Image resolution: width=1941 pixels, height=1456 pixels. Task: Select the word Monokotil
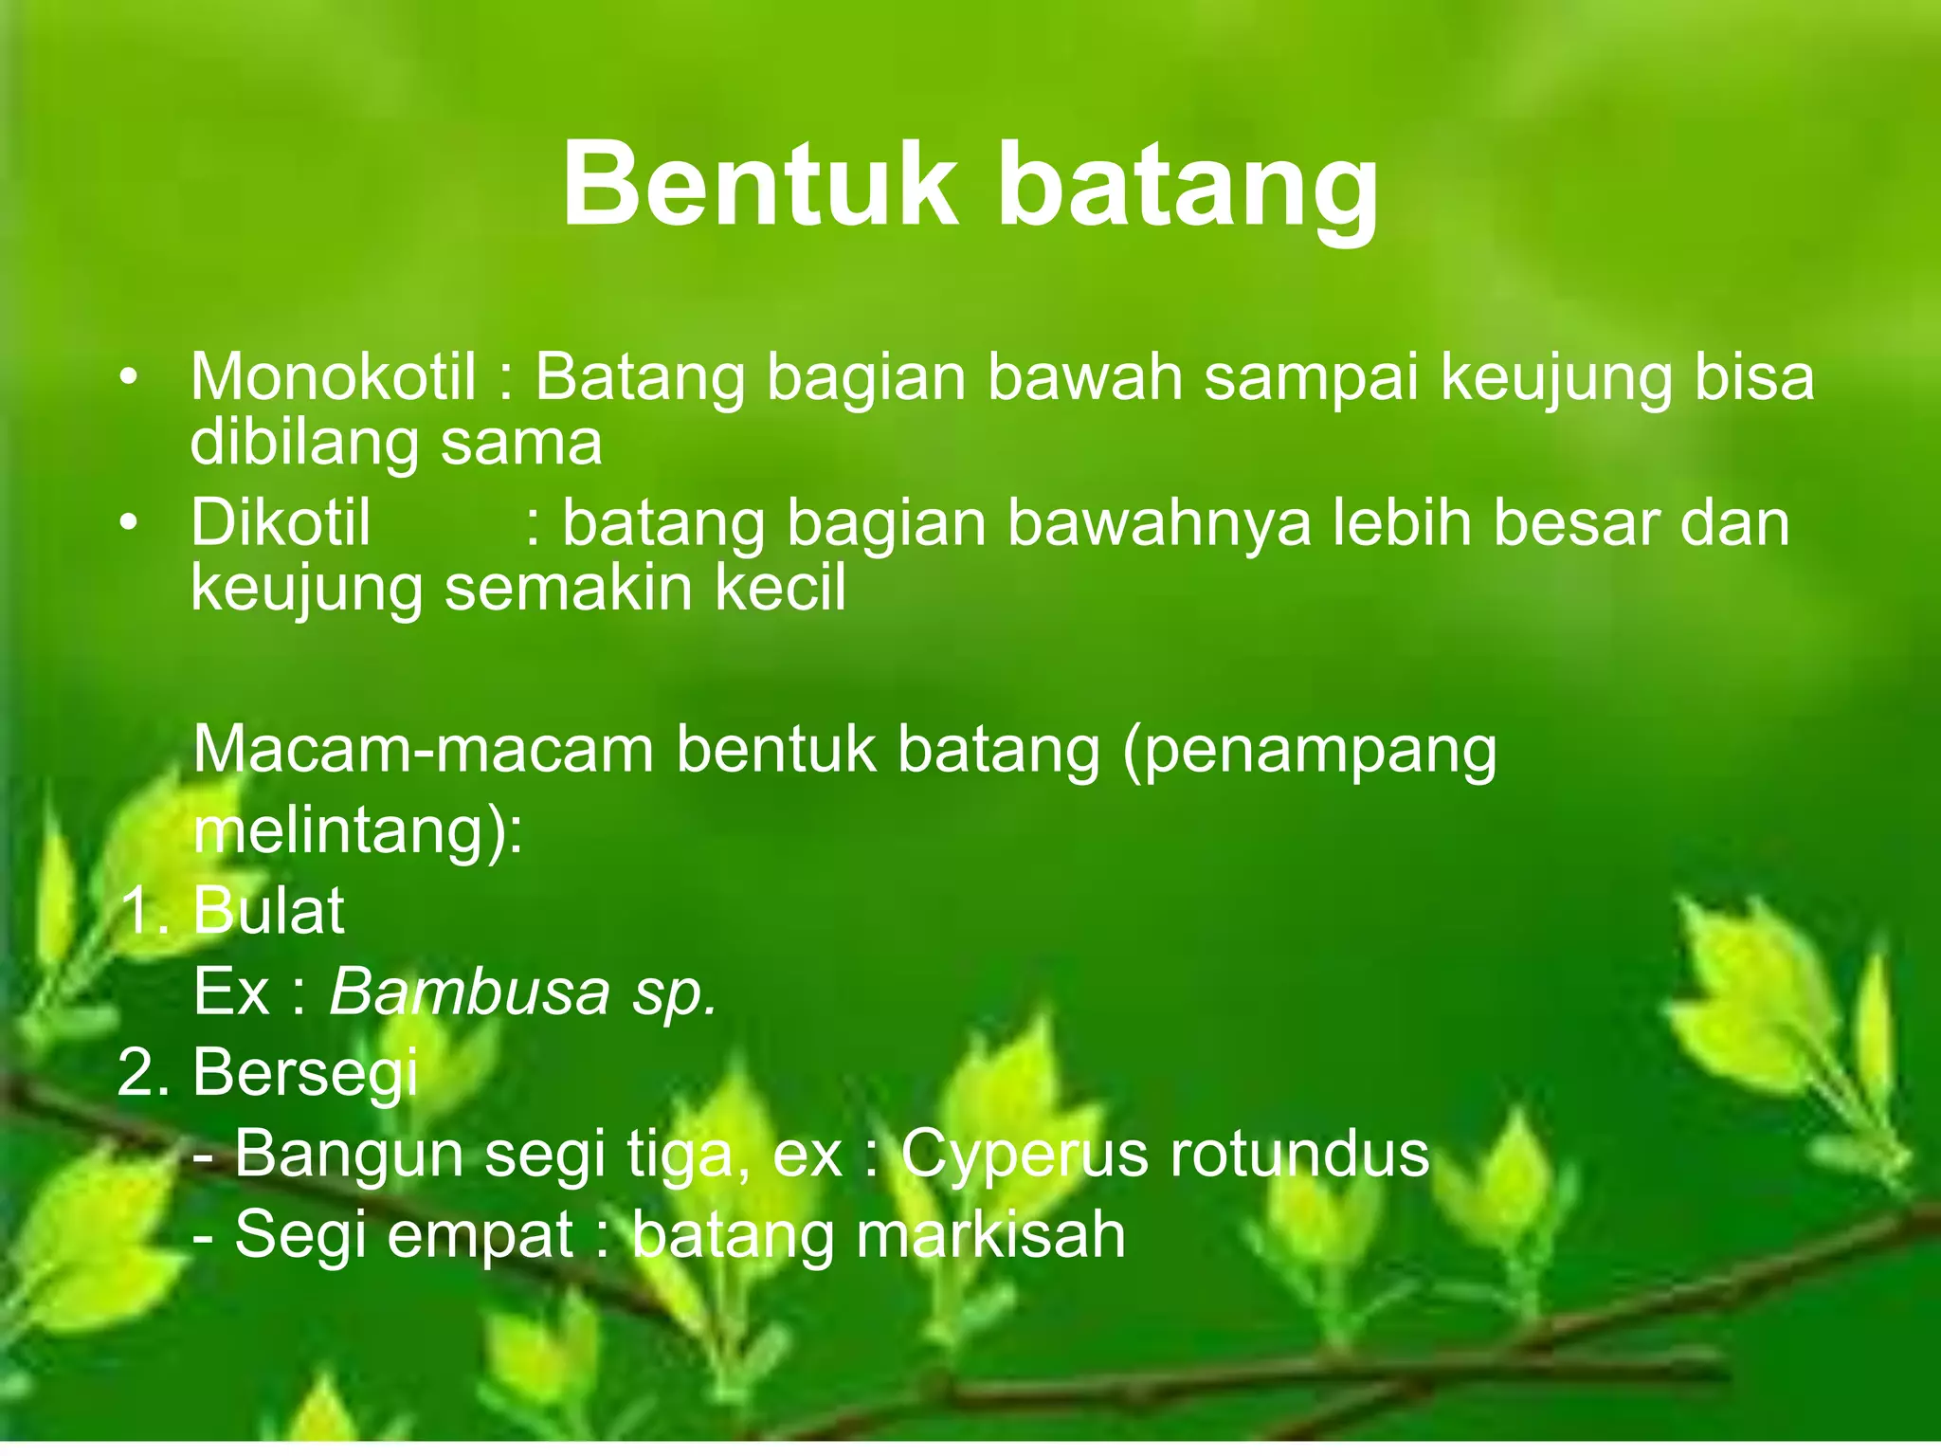pos(333,377)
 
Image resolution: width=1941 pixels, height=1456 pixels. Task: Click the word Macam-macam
pos(423,751)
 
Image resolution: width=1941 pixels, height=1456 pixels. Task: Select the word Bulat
pos(268,911)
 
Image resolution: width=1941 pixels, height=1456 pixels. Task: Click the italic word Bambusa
pos(469,992)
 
